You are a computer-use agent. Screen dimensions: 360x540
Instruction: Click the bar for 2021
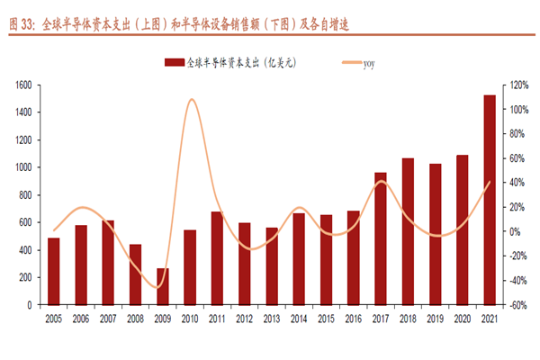490,200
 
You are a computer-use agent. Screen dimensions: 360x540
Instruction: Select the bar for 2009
163,286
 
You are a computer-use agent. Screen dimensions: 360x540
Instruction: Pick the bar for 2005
54,271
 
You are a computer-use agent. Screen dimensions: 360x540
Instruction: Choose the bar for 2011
217,258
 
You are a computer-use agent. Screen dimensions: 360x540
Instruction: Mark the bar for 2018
408,231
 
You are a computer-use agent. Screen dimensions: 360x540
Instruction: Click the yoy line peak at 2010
192,99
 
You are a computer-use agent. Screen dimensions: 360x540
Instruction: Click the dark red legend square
173,63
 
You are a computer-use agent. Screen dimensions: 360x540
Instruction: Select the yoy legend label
369,63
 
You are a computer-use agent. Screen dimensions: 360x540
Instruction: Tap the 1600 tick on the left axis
23,85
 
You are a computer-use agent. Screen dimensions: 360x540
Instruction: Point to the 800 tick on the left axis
25,195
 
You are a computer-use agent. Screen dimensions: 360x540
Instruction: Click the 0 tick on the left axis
30,305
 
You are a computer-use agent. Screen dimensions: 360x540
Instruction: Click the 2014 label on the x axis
299,319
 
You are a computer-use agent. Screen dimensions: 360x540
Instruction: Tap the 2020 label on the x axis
463,319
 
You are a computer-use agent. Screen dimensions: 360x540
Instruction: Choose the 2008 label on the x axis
135,319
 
